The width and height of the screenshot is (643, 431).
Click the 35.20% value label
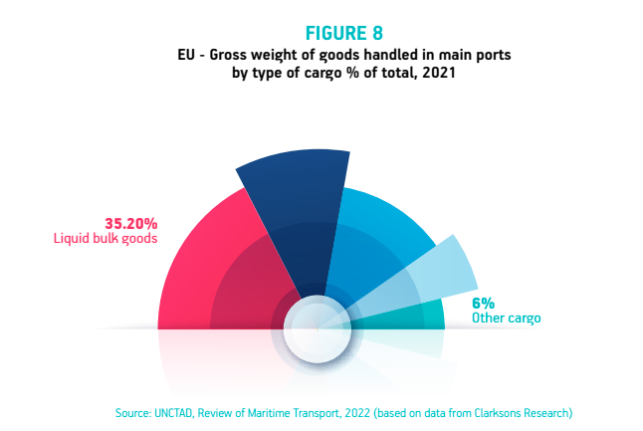coord(131,223)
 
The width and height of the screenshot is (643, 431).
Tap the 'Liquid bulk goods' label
coord(106,239)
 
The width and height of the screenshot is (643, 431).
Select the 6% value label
coord(483,303)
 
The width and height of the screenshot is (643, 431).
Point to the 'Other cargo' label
coord(507,319)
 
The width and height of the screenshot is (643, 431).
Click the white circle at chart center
coord(315,327)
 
